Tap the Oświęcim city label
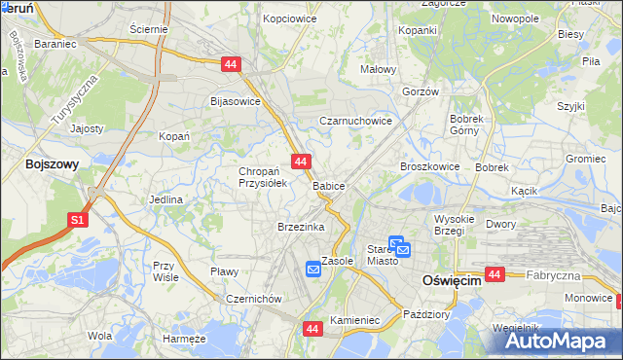pos(452,280)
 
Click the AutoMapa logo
pos(561,341)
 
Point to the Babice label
pos(329,186)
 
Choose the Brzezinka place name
pos(300,227)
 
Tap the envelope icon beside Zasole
pos(312,269)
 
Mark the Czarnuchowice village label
pos(356,122)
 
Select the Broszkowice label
pos(429,166)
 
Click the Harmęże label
pos(185,339)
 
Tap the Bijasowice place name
pos(236,100)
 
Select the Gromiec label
pos(586,159)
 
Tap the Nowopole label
pos(515,18)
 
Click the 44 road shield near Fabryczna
pos(495,275)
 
